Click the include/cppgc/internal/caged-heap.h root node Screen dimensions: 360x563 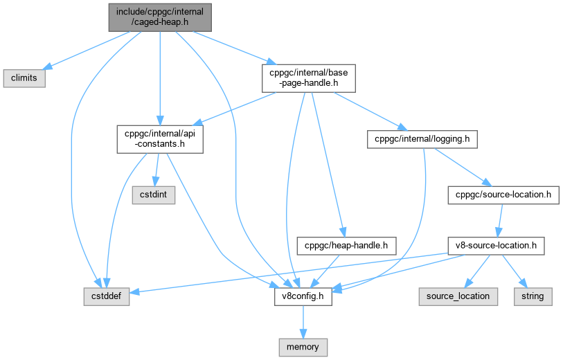159,16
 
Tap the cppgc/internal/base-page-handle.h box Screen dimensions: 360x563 308,78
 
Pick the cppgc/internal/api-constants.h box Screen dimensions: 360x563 159,138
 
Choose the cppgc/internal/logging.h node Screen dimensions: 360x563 422,138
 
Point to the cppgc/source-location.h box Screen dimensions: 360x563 503,195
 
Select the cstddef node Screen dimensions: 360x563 104,296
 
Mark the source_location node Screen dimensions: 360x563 458,296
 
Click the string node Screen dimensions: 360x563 533,296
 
